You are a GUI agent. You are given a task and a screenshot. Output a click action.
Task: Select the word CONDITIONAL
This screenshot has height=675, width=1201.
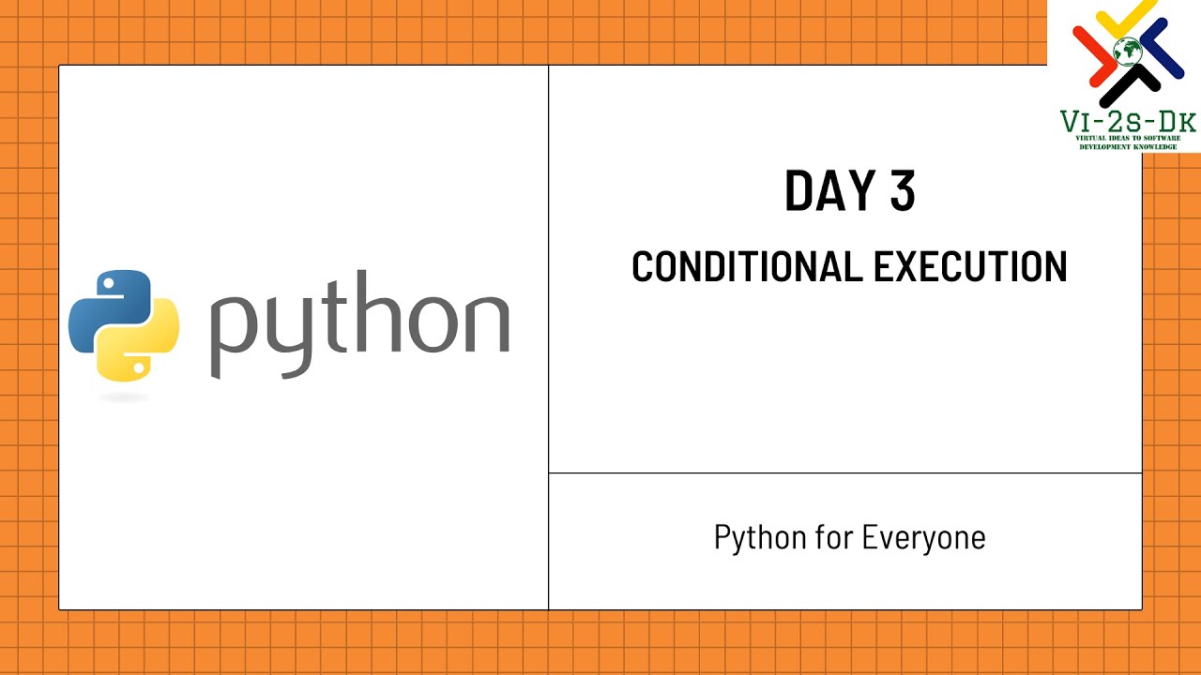click(x=747, y=267)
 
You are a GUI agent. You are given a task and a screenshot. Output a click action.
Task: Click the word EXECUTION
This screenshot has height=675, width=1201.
click(x=970, y=267)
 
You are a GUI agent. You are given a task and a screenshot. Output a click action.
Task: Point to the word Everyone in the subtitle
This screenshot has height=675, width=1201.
click(x=923, y=538)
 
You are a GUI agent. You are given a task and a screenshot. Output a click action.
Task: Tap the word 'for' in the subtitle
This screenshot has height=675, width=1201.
click(x=833, y=538)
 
